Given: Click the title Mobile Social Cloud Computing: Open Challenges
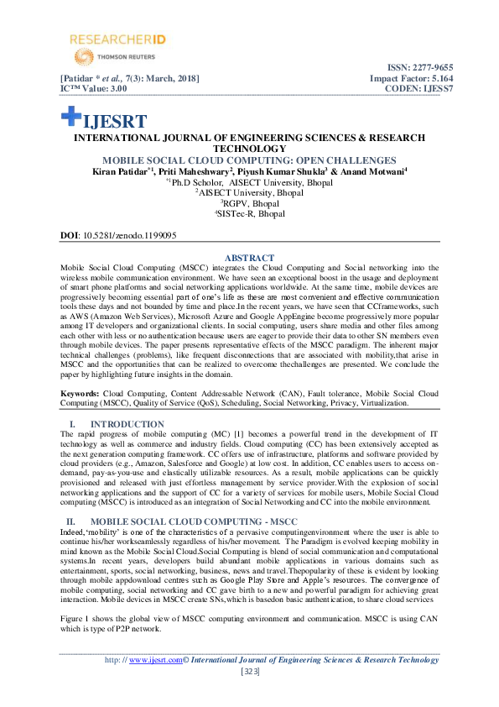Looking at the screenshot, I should click(249, 160).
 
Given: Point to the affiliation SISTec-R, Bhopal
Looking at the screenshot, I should click(249, 214).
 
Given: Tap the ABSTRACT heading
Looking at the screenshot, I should click(250, 258).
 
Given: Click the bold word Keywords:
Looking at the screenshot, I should click(80, 393).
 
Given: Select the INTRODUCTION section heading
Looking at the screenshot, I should click(127, 424).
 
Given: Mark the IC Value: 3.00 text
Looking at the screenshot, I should click(93, 87).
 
